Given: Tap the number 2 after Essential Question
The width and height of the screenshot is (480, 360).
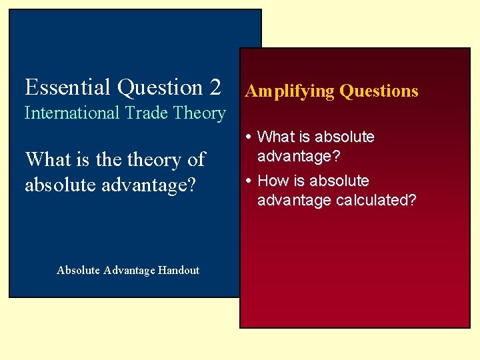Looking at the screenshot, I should tap(215, 87).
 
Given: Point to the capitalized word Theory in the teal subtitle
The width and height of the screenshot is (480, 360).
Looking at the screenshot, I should tap(199, 114).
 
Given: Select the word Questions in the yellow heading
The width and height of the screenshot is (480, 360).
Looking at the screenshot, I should tap(379, 91).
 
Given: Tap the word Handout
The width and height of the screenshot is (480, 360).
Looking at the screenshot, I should tap(178, 270).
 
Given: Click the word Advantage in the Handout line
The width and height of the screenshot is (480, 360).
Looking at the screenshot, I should tap(129, 270).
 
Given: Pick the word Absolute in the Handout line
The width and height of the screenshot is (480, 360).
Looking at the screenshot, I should tap(78, 270).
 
